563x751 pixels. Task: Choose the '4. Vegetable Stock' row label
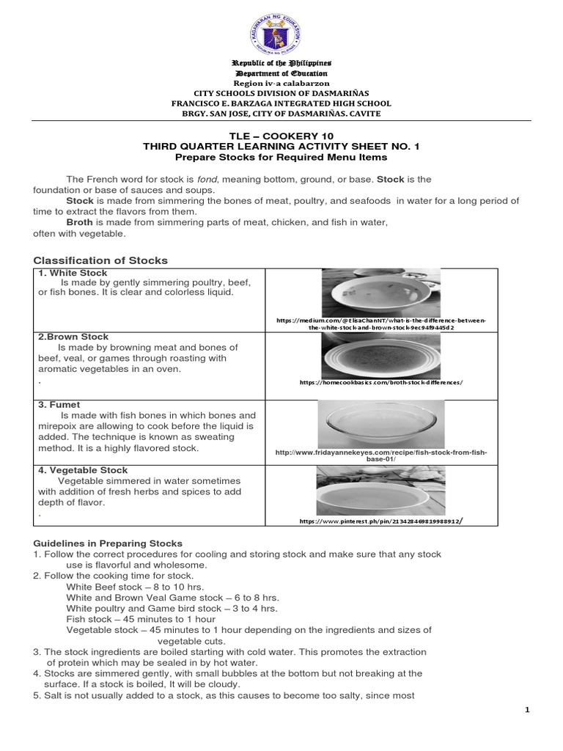[83, 470]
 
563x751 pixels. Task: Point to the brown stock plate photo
[380, 356]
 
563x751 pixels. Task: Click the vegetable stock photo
[380, 490]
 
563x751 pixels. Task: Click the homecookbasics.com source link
[381, 383]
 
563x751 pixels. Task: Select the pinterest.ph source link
[381, 521]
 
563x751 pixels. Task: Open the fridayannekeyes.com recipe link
[381, 455]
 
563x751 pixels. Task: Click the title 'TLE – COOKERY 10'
[281, 136]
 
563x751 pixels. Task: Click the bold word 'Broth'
[81, 221]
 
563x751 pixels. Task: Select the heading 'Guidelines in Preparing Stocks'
[108, 543]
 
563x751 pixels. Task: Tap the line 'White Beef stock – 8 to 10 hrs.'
[135, 587]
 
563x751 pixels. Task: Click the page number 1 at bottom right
[526, 710]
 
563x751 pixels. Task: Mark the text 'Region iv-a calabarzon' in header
[281, 84]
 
